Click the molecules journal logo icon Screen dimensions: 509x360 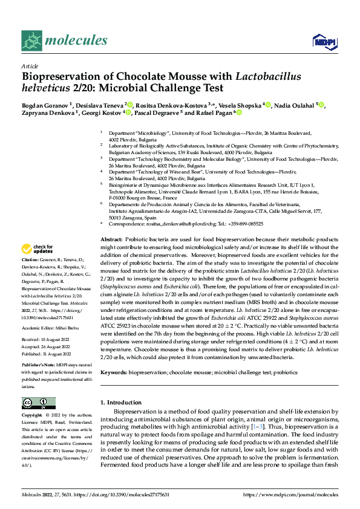[33, 41]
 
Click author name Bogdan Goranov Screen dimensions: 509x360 [44, 105]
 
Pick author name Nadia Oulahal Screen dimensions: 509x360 [296, 105]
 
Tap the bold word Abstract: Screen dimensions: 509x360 [113, 222]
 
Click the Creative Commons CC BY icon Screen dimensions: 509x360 [38, 403]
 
